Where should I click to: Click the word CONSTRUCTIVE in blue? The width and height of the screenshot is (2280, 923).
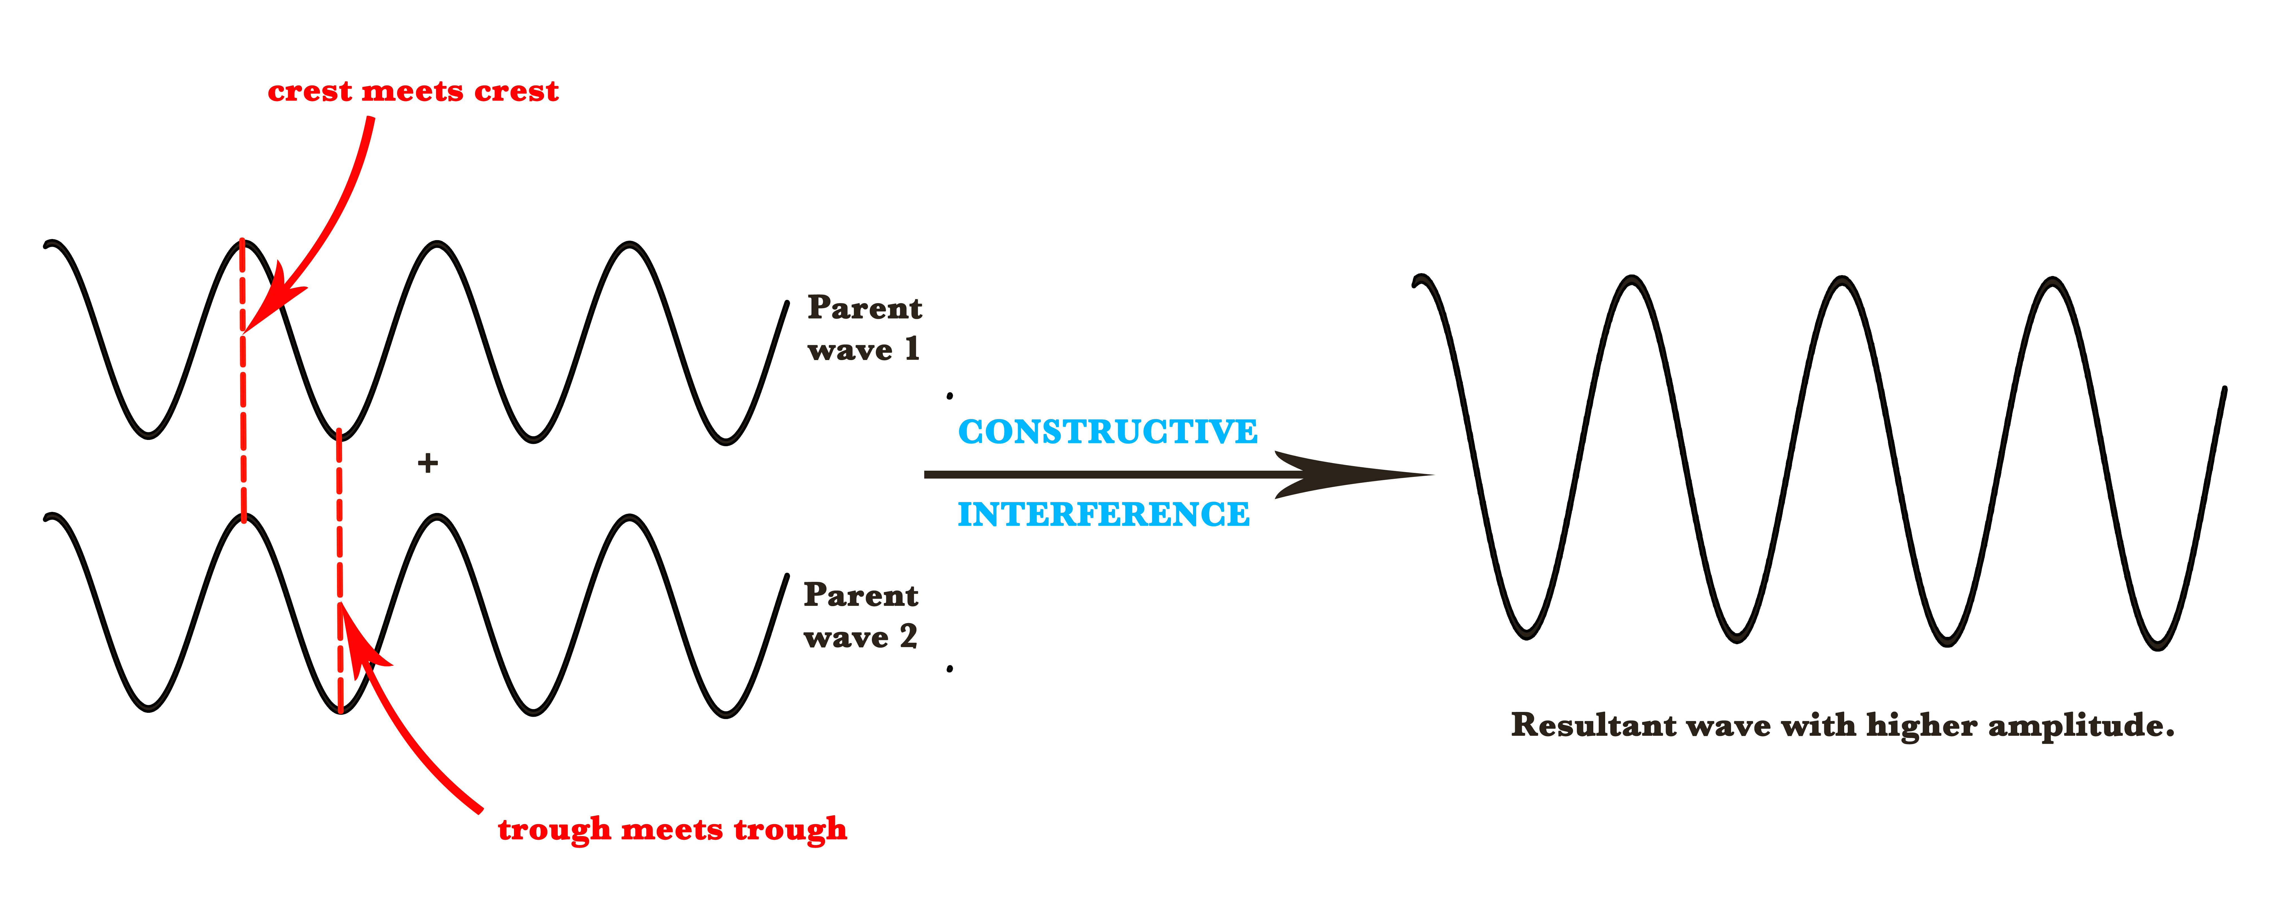(1107, 432)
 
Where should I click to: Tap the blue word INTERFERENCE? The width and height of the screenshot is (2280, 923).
(1104, 514)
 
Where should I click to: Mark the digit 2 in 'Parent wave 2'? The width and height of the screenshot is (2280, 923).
(908, 636)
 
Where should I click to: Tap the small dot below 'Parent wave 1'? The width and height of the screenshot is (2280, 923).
(950, 396)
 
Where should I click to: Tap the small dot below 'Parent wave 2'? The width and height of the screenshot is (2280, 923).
(950, 669)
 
